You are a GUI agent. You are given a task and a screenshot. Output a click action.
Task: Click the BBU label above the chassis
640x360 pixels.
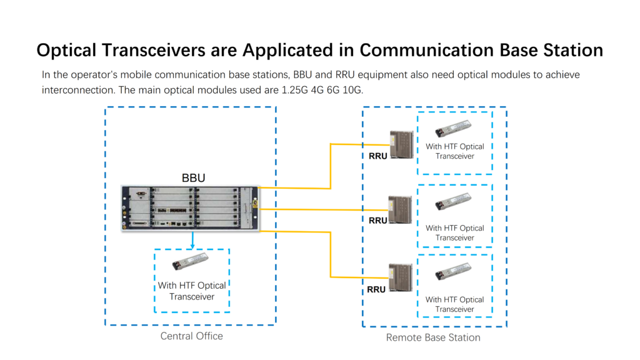click(x=193, y=177)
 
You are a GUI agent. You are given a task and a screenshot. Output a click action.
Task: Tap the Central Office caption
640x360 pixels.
click(x=191, y=336)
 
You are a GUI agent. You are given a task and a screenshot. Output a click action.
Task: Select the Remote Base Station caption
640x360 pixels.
click(x=433, y=337)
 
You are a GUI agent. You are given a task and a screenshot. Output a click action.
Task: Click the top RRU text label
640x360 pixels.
click(x=377, y=156)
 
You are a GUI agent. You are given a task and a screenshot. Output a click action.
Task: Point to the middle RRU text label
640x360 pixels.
click(x=377, y=221)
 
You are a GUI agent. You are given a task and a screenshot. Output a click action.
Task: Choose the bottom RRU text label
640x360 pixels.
click(x=376, y=289)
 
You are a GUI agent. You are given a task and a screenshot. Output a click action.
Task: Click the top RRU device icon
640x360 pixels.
click(x=401, y=144)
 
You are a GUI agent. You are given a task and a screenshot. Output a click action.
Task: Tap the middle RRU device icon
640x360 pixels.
click(x=401, y=210)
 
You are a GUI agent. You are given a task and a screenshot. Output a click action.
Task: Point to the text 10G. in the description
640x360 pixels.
click(x=350, y=89)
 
